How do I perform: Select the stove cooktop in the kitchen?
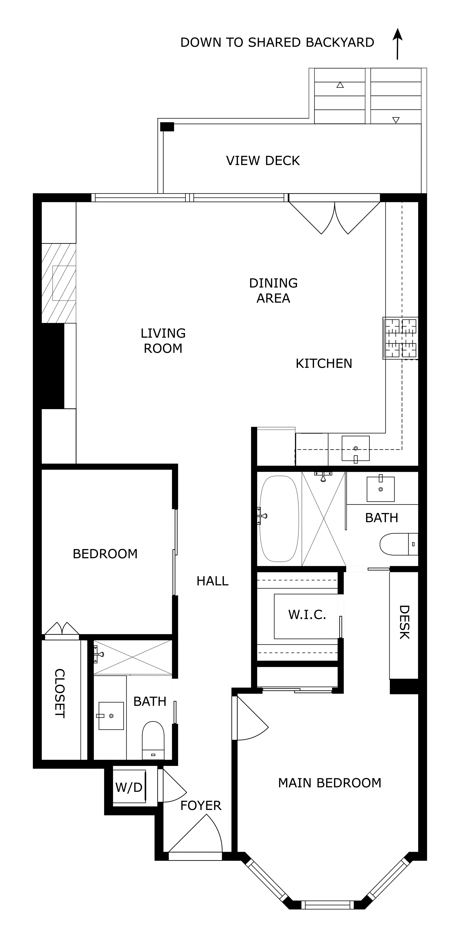400,338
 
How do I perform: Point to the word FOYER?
201,806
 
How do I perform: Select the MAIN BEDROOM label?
330,783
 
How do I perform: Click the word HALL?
212,581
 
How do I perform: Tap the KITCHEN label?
324,363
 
